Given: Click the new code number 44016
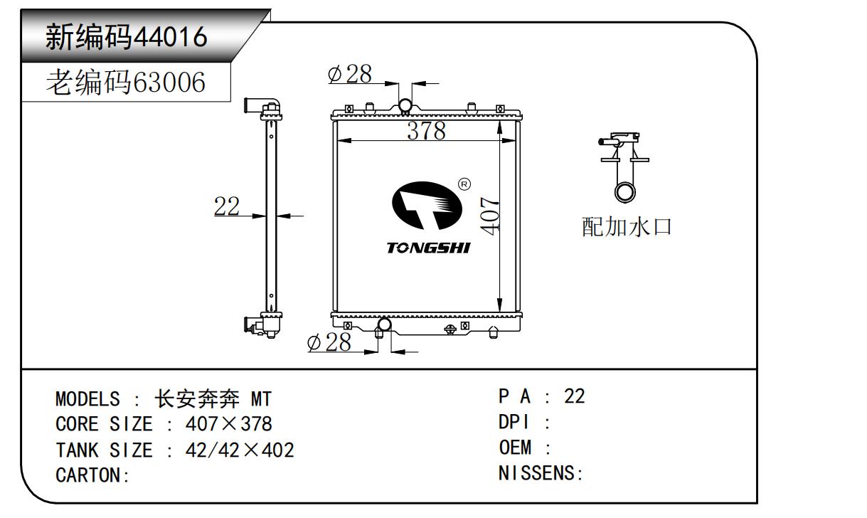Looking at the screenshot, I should tap(171, 36).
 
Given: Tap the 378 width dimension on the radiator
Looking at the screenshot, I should tap(426, 131).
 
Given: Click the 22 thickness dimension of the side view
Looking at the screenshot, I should tap(227, 206).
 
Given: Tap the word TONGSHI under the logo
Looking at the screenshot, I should tap(428, 248).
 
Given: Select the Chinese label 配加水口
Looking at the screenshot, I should tap(627, 227).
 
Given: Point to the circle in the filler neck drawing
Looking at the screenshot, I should tap(626, 192).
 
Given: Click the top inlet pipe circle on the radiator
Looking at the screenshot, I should tap(405, 106).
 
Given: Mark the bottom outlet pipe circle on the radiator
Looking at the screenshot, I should tap(384, 326).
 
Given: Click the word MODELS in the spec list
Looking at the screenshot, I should tap(87, 398).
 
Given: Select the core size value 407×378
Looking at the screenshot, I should tap(228, 424).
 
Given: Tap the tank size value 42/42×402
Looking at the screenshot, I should tap(240, 450).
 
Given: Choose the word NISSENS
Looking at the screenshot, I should tap(538, 473).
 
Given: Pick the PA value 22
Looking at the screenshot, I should tap(574, 396).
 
